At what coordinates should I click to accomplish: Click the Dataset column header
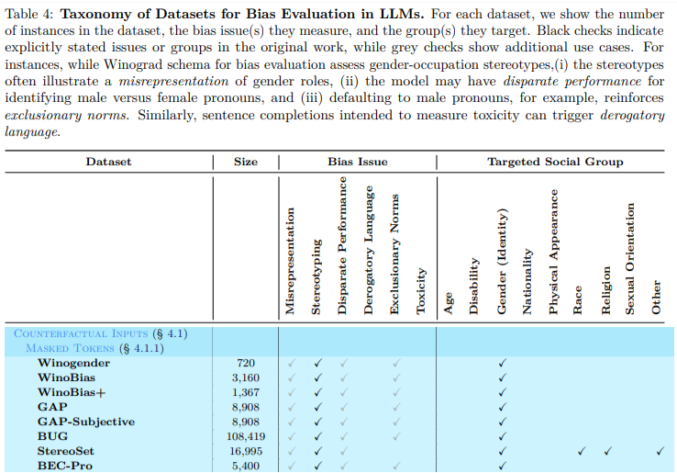108,162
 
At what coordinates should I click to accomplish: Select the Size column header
246,162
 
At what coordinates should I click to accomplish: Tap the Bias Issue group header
357,162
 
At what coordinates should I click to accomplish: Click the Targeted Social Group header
555,162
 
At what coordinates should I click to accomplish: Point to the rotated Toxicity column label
422,291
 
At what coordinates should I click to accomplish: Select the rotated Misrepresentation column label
290,262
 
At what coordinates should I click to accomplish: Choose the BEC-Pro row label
65,467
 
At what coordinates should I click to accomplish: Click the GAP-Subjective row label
85,422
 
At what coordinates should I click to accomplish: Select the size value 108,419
245,437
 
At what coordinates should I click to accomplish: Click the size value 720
246,364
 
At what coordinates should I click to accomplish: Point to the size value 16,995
245,452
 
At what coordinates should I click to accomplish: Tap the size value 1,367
245,393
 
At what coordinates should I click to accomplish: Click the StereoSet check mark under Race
581,452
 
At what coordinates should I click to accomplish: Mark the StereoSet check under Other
660,452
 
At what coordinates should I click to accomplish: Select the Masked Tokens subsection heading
95,348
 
